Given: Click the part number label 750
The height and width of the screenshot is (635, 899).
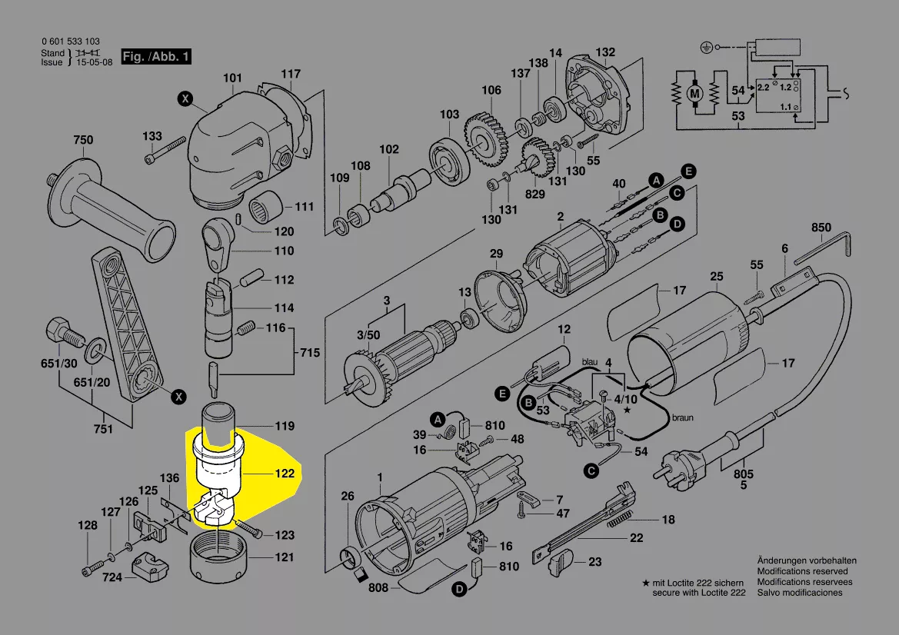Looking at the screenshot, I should pos(83,140).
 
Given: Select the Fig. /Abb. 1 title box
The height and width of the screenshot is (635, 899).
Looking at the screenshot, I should pos(156,57).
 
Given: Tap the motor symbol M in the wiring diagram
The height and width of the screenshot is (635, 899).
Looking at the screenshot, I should pos(694,94).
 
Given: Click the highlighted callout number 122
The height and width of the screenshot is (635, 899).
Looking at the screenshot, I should pos(285,474).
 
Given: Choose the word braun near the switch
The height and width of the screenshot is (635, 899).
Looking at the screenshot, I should pos(682,418).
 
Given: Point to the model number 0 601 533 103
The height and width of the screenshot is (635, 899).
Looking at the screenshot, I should pos(70,42).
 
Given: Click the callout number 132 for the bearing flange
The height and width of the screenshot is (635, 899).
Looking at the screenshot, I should pos(605,52).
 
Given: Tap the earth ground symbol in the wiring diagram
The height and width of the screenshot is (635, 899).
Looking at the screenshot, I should pos(704,47).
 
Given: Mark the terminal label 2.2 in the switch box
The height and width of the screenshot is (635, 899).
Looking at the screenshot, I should pos(763,88).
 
